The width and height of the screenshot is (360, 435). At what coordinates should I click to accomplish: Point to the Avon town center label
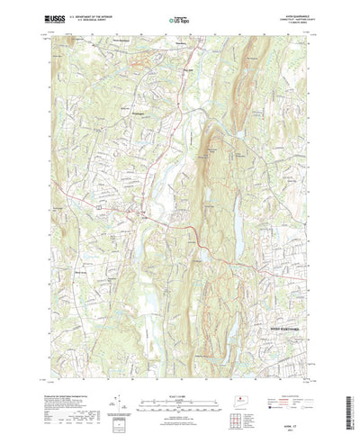point(139,212)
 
